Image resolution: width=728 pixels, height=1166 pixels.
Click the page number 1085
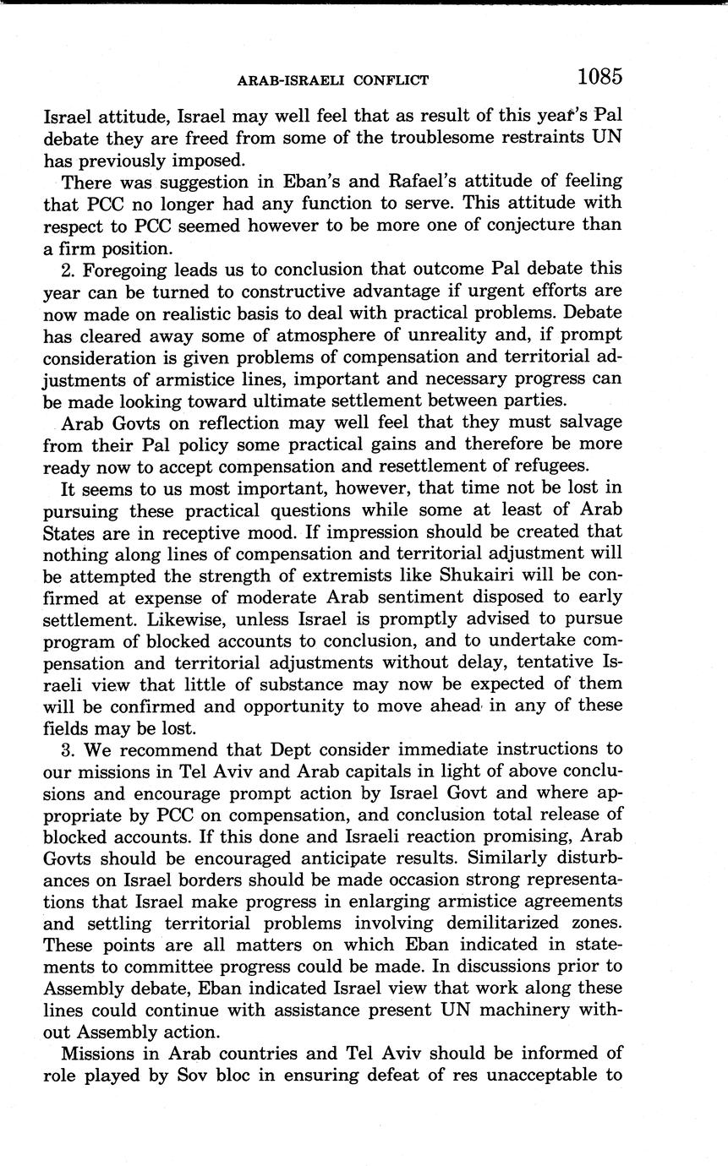pos(599,77)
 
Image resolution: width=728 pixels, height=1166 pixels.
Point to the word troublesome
pos(430,136)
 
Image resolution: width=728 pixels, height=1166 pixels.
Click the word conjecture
pos(515,226)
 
